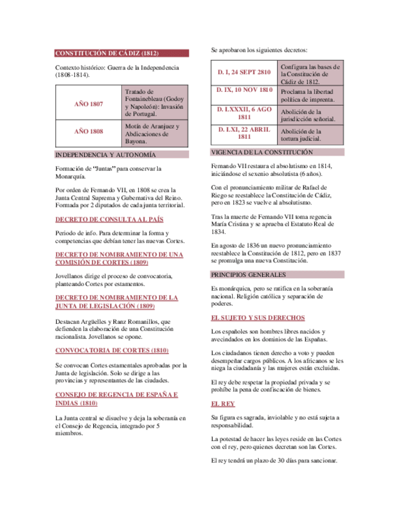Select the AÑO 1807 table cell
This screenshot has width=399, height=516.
88,104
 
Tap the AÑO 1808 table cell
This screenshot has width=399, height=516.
88,131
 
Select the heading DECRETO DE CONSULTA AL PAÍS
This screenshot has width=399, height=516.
109,219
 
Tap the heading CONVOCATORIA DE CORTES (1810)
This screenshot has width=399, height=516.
111,350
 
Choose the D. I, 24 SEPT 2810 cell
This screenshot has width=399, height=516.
244,72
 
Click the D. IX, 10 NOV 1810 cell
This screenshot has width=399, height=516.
244,90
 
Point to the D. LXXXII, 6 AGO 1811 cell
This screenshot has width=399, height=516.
244,113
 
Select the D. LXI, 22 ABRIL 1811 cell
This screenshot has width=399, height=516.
244,133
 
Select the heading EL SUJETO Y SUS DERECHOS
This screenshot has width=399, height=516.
258,318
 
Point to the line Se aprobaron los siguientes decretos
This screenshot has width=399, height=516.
259,50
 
